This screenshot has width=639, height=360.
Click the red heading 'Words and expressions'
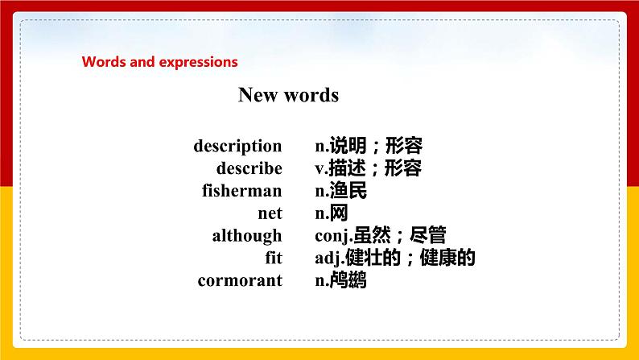(160, 61)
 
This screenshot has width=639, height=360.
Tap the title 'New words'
(288, 95)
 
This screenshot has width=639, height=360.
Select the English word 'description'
(237, 146)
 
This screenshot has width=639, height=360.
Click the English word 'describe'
(249, 168)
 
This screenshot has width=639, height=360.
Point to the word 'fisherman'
(241, 191)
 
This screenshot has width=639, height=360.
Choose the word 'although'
(247, 236)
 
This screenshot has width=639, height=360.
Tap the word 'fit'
(273, 259)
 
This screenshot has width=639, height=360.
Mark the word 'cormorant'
(240, 281)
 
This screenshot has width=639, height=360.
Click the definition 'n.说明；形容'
(369, 146)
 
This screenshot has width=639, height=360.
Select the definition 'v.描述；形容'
(368, 168)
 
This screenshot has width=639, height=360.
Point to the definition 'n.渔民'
(341, 191)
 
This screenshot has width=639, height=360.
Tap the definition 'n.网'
(332, 213)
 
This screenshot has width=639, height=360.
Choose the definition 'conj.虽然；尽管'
(381, 236)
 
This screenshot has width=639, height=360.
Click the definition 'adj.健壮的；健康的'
(396, 259)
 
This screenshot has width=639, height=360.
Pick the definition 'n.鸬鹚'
(341, 281)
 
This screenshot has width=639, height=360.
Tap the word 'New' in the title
(258, 95)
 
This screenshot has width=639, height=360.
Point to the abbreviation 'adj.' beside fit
(329, 259)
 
